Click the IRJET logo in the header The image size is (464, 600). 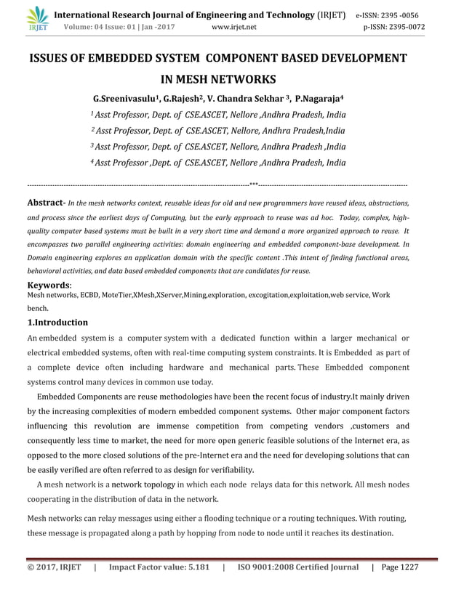[x=36, y=20]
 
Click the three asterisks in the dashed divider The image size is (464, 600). [x=253, y=185]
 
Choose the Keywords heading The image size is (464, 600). [x=49, y=285]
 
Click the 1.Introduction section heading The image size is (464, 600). [x=57, y=323]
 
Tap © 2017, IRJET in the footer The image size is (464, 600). [x=54, y=567]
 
